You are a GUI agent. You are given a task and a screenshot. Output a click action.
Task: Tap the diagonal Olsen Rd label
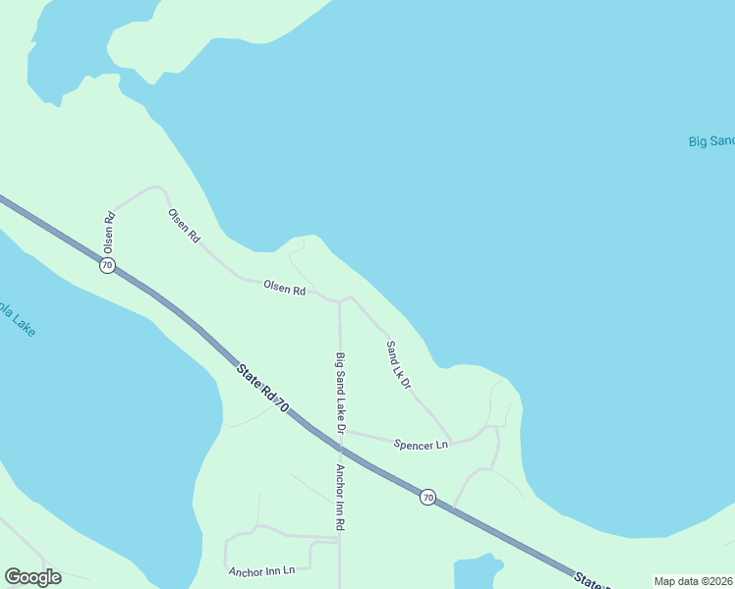184,226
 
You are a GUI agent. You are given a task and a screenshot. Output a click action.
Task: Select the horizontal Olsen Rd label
284,289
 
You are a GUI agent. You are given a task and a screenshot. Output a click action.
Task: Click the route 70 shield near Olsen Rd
107,266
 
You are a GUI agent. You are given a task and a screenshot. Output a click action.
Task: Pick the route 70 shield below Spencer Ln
427,497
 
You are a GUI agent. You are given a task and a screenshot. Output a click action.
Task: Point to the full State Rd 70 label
262,388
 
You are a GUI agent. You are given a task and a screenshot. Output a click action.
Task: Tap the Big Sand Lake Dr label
340,393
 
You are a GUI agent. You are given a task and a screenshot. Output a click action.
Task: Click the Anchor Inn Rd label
340,498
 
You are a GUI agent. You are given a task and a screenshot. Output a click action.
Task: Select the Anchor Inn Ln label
260,570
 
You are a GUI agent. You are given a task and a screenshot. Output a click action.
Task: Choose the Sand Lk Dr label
398,365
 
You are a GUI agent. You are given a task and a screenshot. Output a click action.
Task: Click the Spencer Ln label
421,445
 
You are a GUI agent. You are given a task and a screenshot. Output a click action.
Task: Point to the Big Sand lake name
711,141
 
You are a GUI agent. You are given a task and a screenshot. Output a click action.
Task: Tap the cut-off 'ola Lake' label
17,320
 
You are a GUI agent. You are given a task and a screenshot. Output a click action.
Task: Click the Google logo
32,577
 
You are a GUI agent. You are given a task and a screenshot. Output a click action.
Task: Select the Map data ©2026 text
693,581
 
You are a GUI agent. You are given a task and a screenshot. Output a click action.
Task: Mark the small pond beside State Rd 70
476,573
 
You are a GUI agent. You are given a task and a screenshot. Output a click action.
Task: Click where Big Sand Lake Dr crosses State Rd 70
340,448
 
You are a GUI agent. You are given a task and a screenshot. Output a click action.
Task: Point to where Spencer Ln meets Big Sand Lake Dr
341,429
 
